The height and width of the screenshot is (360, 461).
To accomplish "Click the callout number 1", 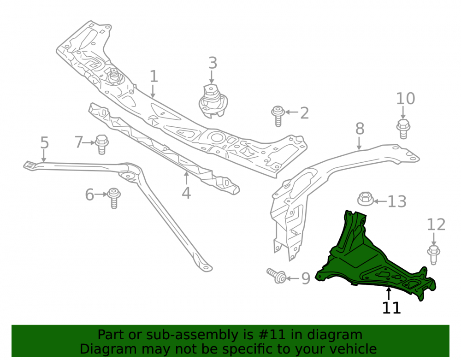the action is pyautogui.click(x=154, y=77).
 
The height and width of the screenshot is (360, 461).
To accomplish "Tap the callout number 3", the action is pyautogui.click(x=213, y=63).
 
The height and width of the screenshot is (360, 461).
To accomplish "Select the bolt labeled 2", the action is pyautogui.click(x=278, y=116).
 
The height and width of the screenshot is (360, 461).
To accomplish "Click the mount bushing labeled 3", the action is pyautogui.click(x=213, y=101).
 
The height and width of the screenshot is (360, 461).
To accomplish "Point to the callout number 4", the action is pyautogui.click(x=186, y=193).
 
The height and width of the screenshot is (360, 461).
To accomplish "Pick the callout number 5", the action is pyautogui.click(x=44, y=143).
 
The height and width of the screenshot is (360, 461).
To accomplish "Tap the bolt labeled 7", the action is pyautogui.click(x=102, y=144).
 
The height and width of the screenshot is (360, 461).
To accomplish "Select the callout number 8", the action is pyautogui.click(x=360, y=129).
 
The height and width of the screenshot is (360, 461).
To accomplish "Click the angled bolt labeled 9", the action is pyautogui.click(x=277, y=276).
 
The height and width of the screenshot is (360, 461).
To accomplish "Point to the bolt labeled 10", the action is pyautogui.click(x=403, y=129).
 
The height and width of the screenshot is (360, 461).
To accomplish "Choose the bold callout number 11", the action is pyautogui.click(x=391, y=308).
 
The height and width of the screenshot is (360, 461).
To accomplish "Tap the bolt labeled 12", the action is pyautogui.click(x=433, y=254).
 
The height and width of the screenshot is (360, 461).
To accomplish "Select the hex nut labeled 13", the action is pyautogui.click(x=366, y=199).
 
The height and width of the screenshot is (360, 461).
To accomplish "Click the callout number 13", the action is pyautogui.click(x=397, y=201).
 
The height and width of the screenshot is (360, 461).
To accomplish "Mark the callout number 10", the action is pyautogui.click(x=405, y=99).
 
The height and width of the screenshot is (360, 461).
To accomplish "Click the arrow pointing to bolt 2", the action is pyautogui.click(x=292, y=112).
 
